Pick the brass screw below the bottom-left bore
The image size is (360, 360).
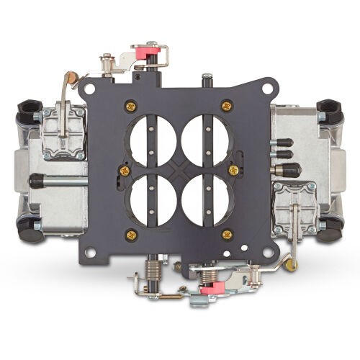(x=130, y=233)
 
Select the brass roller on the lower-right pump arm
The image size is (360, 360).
(x=292, y=264)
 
